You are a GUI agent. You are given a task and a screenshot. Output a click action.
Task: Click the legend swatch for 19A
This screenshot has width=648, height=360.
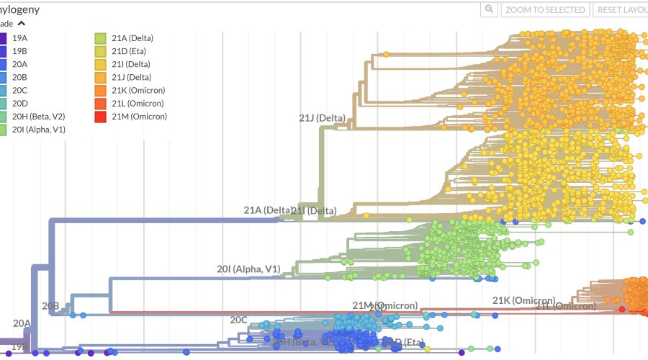click(x=3, y=38)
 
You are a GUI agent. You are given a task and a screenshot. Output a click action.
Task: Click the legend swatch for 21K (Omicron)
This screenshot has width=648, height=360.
click(x=102, y=91)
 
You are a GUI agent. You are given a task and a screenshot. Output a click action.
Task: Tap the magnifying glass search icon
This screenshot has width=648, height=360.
click(x=490, y=9)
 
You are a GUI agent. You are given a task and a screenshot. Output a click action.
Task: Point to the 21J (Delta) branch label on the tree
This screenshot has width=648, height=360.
click(x=322, y=118)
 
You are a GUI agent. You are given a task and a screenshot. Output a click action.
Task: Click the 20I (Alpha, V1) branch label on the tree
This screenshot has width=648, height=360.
click(x=248, y=269)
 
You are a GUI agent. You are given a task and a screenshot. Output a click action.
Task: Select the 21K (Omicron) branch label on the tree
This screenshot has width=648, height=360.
click(x=523, y=300)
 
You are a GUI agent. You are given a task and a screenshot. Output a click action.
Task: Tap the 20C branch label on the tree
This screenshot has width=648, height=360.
click(x=239, y=320)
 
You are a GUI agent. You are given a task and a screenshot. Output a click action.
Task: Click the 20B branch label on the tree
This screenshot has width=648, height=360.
click(x=50, y=306)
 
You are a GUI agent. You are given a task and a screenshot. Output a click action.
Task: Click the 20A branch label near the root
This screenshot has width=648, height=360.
click(x=22, y=323)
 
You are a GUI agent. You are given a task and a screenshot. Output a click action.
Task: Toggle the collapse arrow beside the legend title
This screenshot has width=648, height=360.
click(x=21, y=23)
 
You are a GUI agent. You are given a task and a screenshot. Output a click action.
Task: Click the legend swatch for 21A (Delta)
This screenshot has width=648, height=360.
click(x=102, y=38)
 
